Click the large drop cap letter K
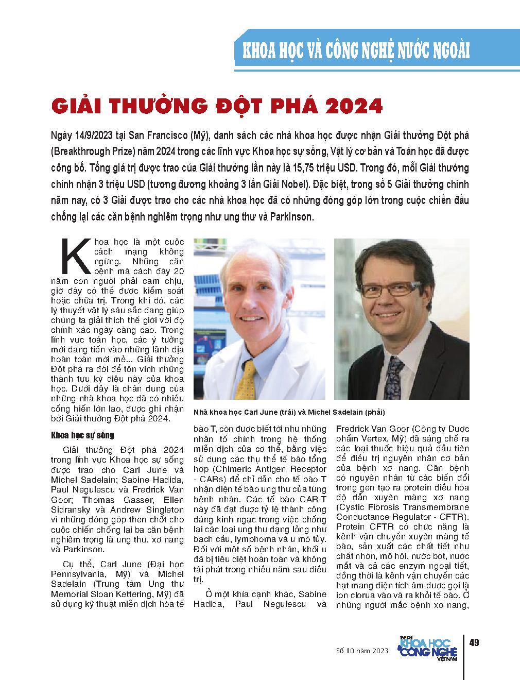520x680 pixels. pos(72,256)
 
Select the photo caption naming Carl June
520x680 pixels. pos(289,413)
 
